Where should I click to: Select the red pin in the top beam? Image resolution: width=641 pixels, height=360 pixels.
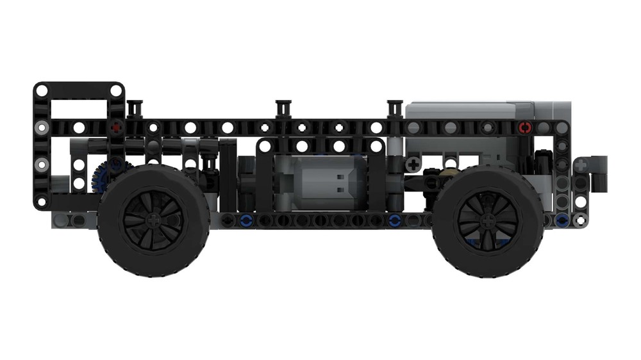pyautogui.click(x=525, y=127)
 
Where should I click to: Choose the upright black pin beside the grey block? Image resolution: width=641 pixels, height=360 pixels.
pyautogui.click(x=393, y=110)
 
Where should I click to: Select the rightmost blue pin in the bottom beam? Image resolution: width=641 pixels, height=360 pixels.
pyautogui.click(x=562, y=220)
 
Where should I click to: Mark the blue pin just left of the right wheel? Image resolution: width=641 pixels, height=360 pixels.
pyautogui.click(x=395, y=221)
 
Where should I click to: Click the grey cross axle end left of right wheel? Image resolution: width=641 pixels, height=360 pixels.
pyautogui.click(x=413, y=165)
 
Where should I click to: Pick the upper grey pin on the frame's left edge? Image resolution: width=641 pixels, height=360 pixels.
pyautogui.click(x=41, y=127)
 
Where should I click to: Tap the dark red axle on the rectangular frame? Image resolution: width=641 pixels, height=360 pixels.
pyautogui.click(x=115, y=127)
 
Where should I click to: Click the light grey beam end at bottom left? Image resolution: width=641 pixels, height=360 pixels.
pyautogui.click(x=61, y=220)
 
